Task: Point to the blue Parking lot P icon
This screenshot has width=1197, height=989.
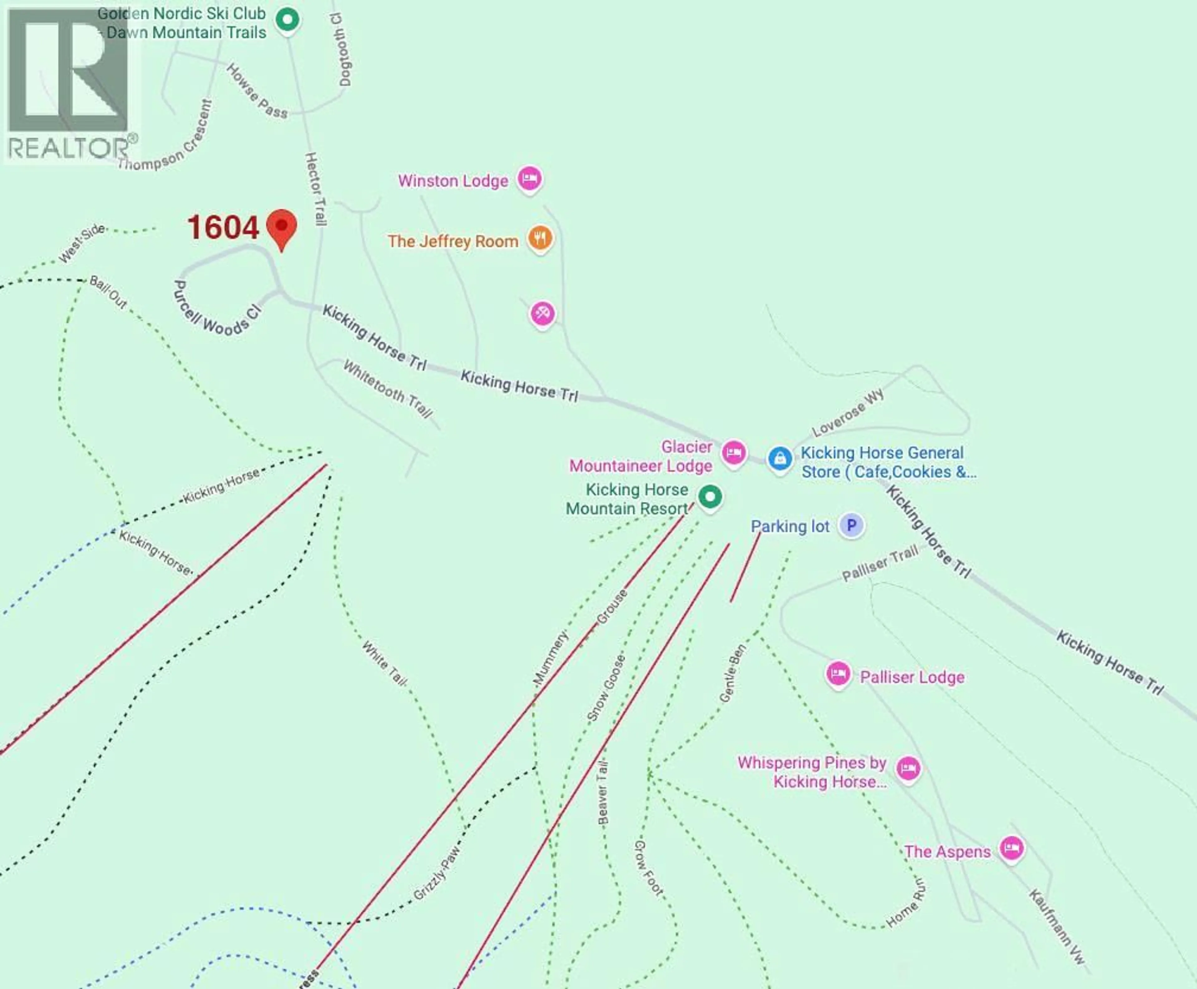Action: click(851, 525)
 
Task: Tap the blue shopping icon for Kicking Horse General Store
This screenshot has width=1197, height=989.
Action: click(779, 458)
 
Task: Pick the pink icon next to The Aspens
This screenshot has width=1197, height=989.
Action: click(1011, 849)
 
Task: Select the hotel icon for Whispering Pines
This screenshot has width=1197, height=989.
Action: click(908, 769)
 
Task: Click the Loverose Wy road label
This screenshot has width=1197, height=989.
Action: click(848, 412)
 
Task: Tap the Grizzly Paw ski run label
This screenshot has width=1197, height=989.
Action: click(436, 873)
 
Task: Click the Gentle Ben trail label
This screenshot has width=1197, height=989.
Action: click(732, 673)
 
